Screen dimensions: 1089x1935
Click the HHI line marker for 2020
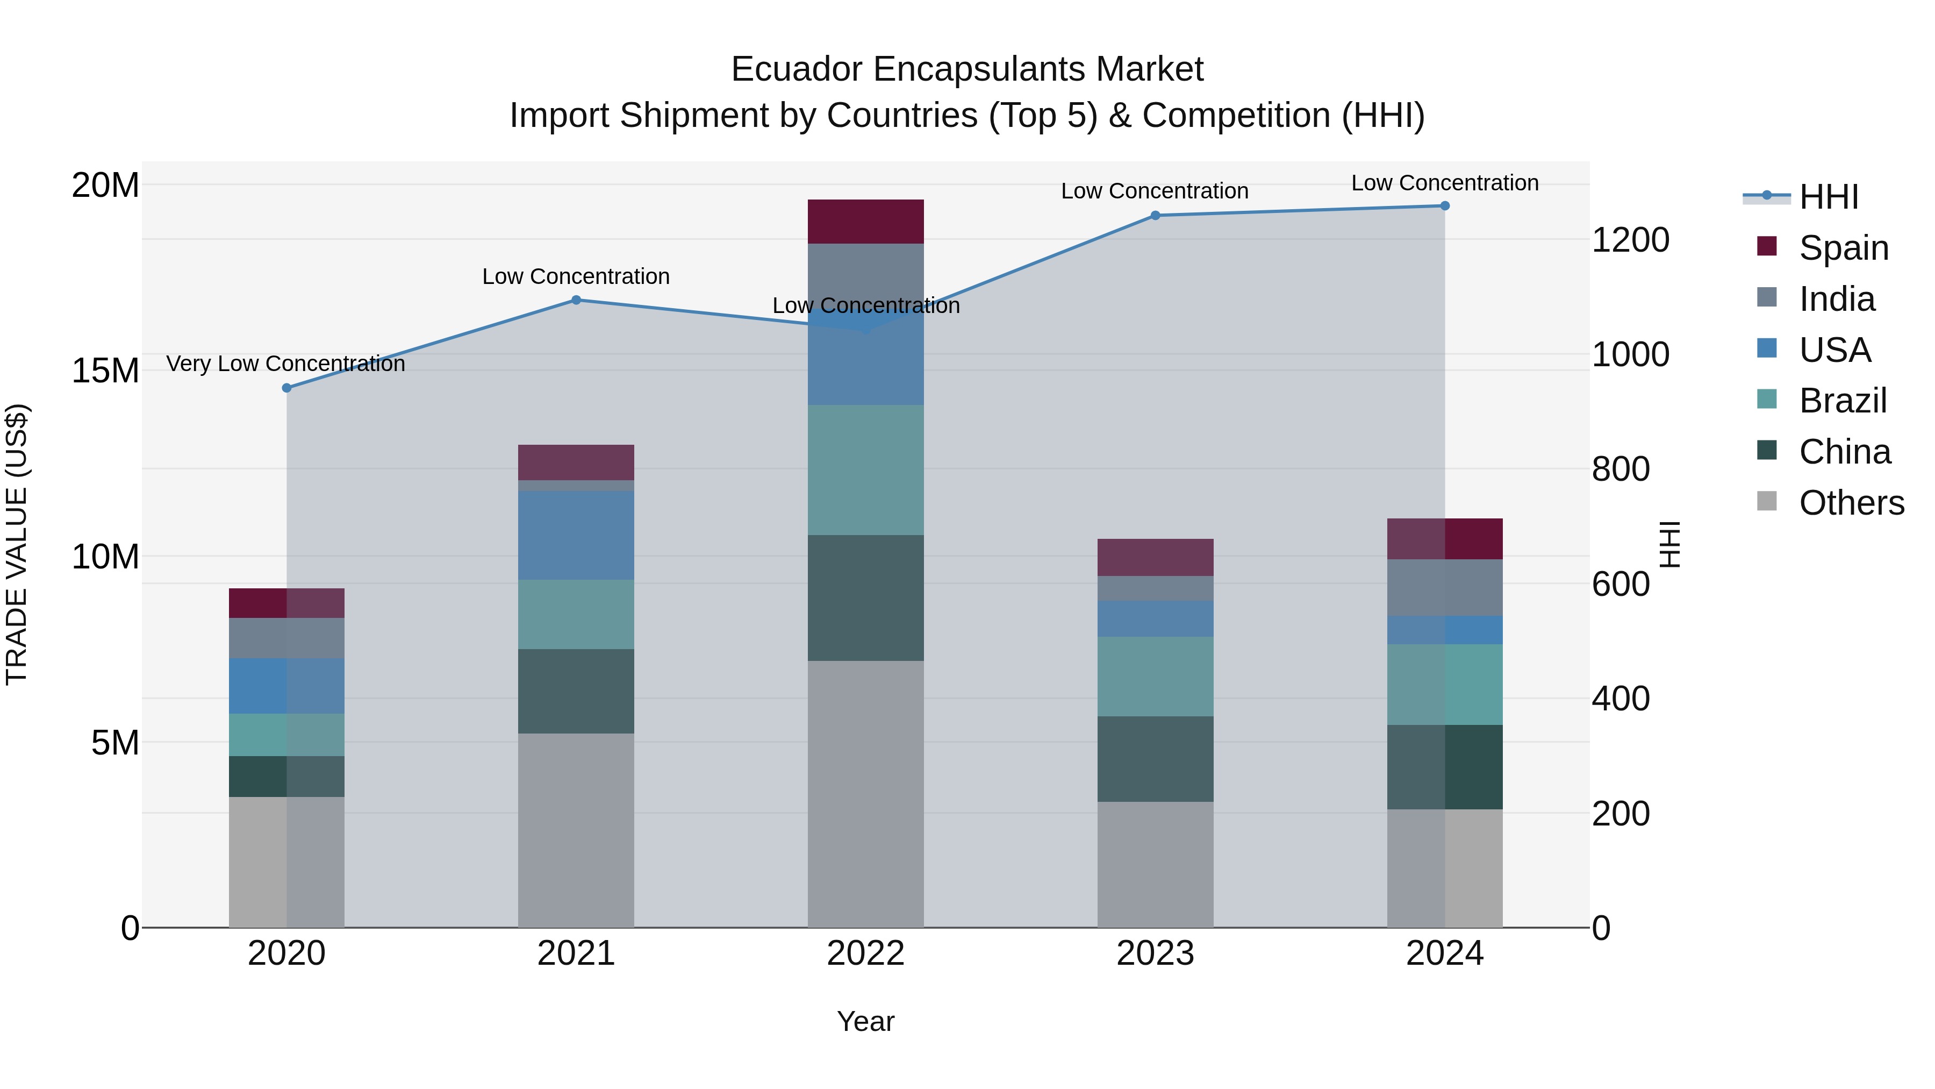pyautogui.click(x=286, y=388)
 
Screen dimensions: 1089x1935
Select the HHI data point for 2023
pyautogui.click(x=1155, y=216)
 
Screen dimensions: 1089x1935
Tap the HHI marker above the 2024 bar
pyautogui.click(x=1444, y=206)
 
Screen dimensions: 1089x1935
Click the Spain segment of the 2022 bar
pyautogui.click(x=865, y=222)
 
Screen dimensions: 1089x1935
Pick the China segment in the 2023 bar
pyautogui.click(x=1155, y=758)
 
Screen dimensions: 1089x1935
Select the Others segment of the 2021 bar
pyautogui.click(x=576, y=830)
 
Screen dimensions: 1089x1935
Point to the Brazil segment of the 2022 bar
pyautogui.click(x=865, y=469)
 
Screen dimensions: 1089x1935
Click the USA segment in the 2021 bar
pyautogui.click(x=576, y=535)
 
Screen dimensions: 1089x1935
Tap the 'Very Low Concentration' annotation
pyautogui.click(x=285, y=364)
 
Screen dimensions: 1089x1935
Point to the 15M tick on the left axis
pyautogui.click(x=105, y=371)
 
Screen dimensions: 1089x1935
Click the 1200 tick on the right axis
pyautogui.click(x=1630, y=240)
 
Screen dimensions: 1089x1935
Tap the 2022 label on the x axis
pyautogui.click(x=865, y=953)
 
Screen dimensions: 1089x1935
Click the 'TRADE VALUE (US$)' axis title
pyautogui.click(x=17, y=544)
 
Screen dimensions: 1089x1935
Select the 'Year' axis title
pyautogui.click(x=865, y=1021)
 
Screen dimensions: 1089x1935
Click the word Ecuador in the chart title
pyautogui.click(x=796, y=69)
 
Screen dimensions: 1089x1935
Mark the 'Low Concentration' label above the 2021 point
pyautogui.click(x=576, y=276)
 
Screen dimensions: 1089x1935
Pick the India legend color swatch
pyautogui.click(x=1767, y=297)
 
